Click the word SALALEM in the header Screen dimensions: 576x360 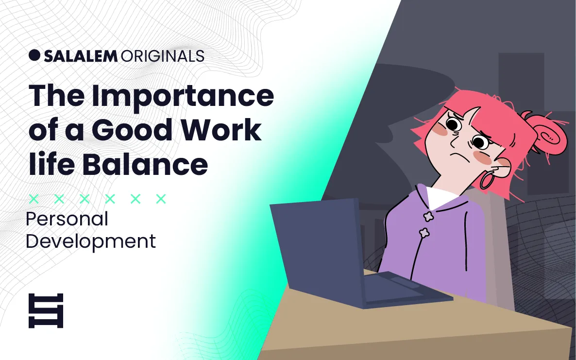coord(81,56)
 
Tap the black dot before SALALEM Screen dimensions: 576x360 coord(34,55)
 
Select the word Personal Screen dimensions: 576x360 coord(67,220)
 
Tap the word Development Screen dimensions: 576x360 coord(91,241)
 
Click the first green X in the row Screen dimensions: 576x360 coord(34,199)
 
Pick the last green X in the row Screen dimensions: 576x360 coord(161,199)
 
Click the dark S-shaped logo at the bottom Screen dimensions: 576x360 coord(46,310)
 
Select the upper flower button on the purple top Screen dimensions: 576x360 coord(428,216)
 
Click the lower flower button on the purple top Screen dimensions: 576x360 coord(424,233)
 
